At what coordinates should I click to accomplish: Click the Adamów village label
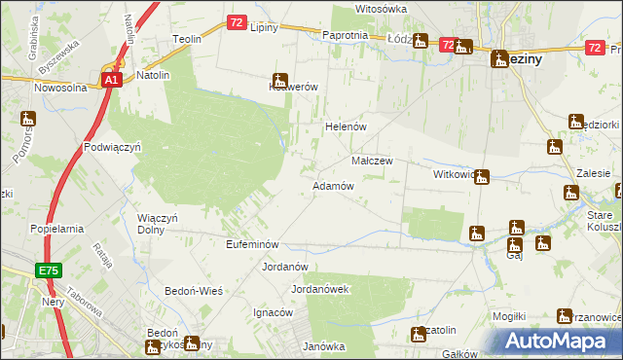tap(332, 185)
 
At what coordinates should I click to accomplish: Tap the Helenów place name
tap(344, 126)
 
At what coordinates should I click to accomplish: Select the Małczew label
tap(371, 161)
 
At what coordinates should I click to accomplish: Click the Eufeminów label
tap(252, 244)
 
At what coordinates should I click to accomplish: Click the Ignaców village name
tap(273, 312)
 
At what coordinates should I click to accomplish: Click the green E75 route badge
tap(51, 270)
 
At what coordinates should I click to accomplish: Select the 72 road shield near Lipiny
tap(238, 22)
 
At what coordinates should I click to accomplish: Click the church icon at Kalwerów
tap(280, 81)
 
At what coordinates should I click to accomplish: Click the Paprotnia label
tap(344, 35)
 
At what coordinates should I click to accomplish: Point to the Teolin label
tap(187, 39)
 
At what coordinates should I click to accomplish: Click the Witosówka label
tap(381, 8)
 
